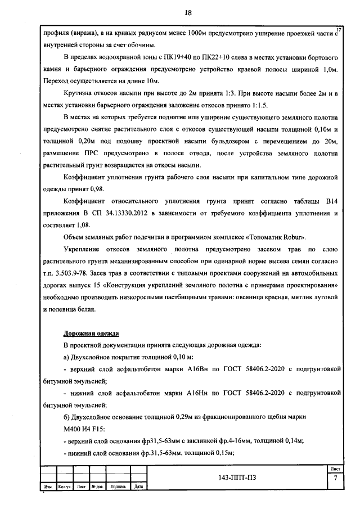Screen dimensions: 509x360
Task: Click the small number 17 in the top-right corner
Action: click(x=338, y=29)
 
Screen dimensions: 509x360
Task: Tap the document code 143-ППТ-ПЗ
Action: click(x=240, y=479)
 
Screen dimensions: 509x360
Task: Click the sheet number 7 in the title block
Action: click(x=335, y=479)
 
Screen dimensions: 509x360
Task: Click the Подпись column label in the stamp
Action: click(x=118, y=487)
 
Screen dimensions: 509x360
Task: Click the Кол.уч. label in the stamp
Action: click(x=66, y=487)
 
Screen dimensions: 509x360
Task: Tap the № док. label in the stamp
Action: click(x=98, y=487)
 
